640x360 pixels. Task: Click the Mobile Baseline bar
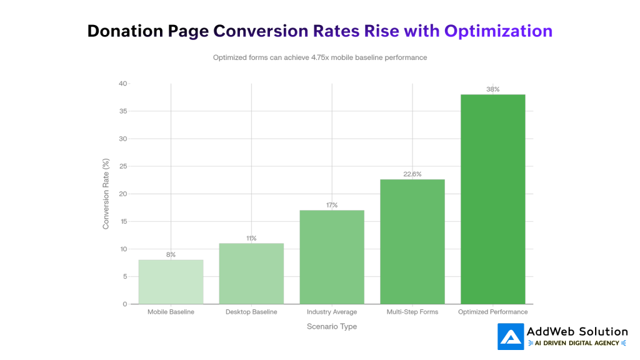pos(171,282)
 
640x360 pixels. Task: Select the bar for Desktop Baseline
pos(251,274)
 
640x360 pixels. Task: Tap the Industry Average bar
pos(332,257)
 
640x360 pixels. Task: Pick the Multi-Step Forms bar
pos(412,242)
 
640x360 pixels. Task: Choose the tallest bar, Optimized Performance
pos(492,199)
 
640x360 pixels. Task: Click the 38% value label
pos(492,89)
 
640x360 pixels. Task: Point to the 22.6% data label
pos(412,174)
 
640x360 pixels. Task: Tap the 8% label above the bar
pos(171,254)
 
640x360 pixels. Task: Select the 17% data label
pos(332,205)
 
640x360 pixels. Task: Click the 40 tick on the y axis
pos(123,84)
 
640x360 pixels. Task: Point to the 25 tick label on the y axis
pos(123,166)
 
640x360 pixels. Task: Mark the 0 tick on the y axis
pos(124,304)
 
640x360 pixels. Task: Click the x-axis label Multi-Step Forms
pos(412,312)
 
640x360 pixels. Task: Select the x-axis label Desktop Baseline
pos(251,312)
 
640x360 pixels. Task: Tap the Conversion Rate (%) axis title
pos(106,194)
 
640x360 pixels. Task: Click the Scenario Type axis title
pos(332,326)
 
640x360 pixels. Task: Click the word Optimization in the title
pos(498,31)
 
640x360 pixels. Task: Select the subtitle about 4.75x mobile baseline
pos(320,57)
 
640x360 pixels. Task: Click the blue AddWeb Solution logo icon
pos(510,336)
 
